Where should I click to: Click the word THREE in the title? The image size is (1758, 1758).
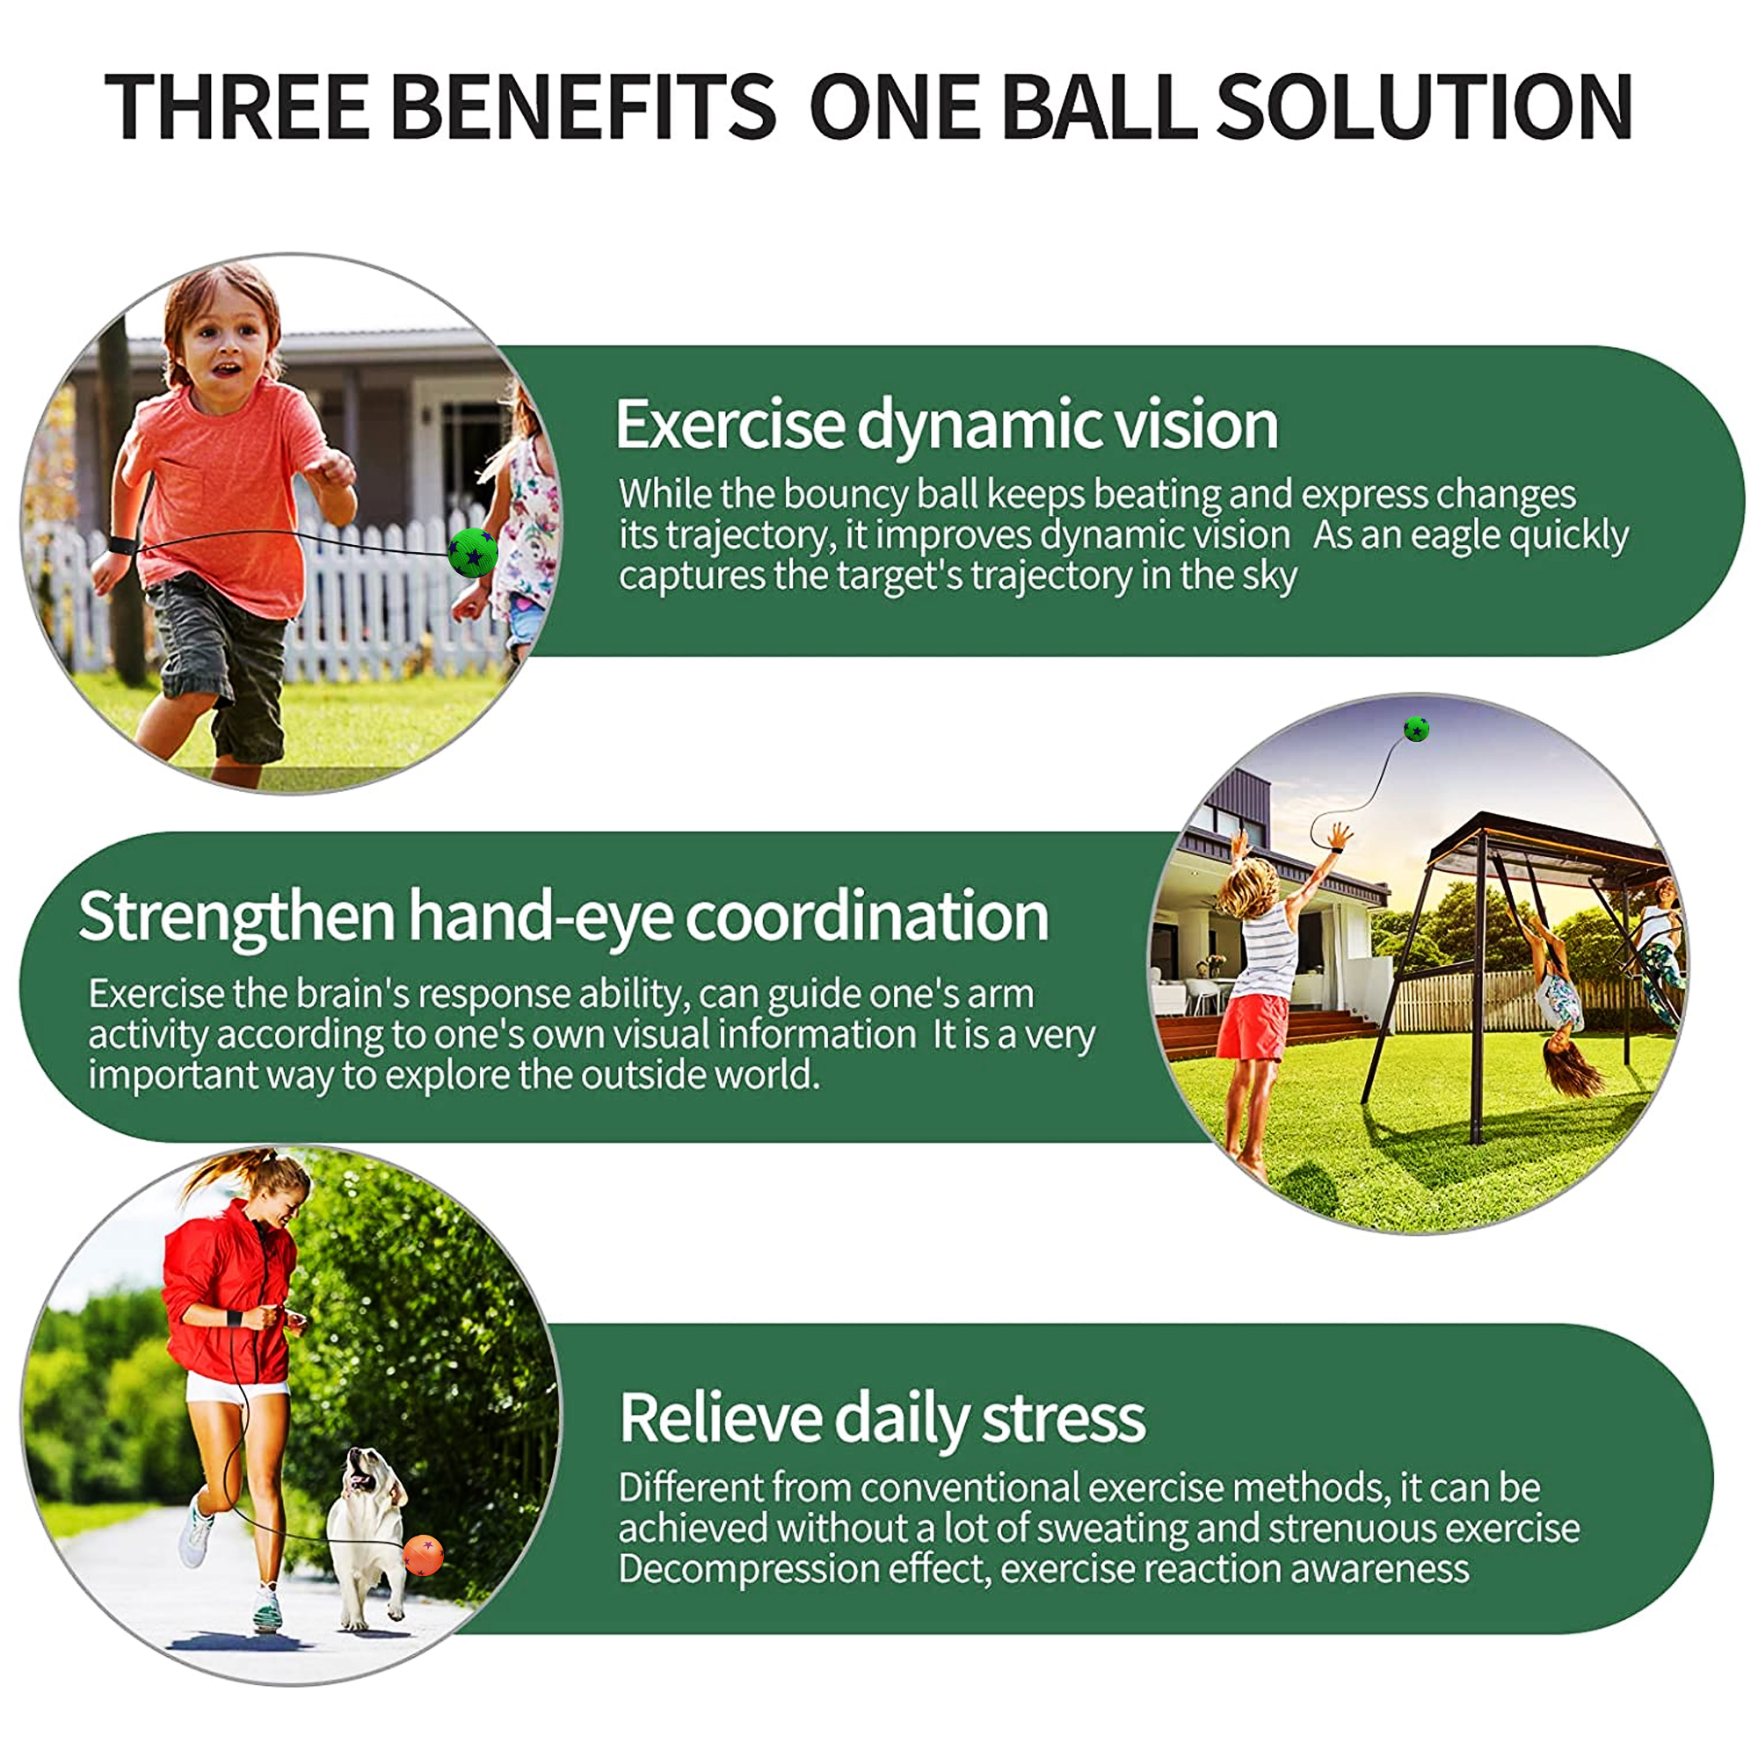237,106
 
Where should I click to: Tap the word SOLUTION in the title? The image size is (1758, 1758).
1423,106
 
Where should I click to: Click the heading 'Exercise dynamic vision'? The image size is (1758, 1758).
947,425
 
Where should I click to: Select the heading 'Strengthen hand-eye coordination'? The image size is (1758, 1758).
563,916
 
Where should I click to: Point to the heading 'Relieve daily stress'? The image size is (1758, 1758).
882,1419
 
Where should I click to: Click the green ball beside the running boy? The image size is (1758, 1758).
473,552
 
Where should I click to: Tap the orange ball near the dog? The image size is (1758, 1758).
423,1554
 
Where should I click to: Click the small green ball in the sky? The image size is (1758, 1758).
1416,729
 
